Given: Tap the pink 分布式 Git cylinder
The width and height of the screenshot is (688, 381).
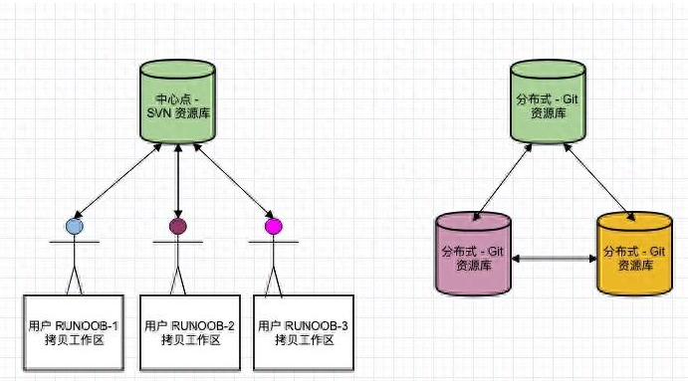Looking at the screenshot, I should [474, 254].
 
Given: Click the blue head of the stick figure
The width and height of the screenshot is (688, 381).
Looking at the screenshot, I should [74, 226].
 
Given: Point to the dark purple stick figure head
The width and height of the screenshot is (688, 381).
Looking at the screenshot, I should [178, 226].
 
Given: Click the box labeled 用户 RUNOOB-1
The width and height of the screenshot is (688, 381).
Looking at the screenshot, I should [74, 331].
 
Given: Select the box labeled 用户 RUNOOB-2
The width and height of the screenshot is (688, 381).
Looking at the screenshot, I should [189, 331].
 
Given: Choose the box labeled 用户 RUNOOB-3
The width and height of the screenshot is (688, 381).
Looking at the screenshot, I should [304, 331].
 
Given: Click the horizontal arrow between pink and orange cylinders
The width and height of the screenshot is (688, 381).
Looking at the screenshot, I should [553, 258].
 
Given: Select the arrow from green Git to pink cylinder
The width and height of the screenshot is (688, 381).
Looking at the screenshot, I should [504, 179].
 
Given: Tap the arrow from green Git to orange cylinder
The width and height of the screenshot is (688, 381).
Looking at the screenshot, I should [597, 179].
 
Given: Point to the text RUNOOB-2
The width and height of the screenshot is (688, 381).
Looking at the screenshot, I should [203, 325].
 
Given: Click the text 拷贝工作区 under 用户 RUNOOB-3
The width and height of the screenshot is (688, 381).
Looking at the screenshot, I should [304, 340].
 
